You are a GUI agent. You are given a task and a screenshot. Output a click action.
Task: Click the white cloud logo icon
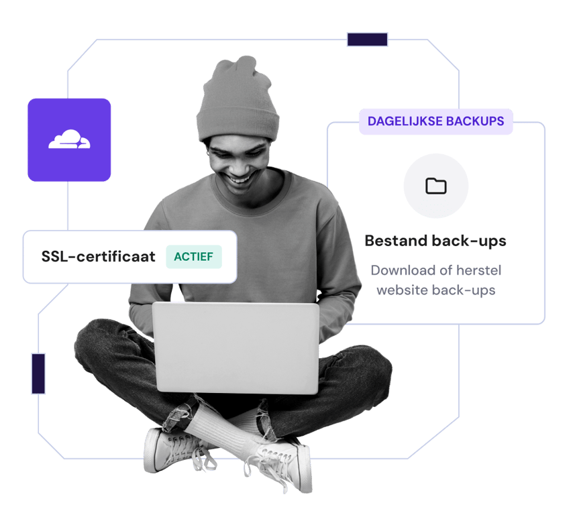click(x=69, y=139)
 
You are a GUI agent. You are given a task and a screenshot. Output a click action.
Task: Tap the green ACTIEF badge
click(x=194, y=257)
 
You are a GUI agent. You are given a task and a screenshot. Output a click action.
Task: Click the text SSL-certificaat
click(x=98, y=257)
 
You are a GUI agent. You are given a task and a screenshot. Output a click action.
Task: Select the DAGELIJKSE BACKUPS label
click(x=435, y=121)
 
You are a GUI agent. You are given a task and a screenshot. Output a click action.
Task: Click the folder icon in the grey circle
click(x=436, y=186)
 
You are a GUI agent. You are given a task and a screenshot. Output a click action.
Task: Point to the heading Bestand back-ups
click(x=435, y=240)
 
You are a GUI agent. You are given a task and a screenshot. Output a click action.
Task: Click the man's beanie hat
click(x=237, y=101)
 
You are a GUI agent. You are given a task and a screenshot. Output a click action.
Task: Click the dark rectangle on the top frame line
click(x=367, y=40)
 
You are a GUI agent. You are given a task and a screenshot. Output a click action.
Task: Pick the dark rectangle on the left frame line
click(x=39, y=374)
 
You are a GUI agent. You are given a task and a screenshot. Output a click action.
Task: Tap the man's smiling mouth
click(x=240, y=180)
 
